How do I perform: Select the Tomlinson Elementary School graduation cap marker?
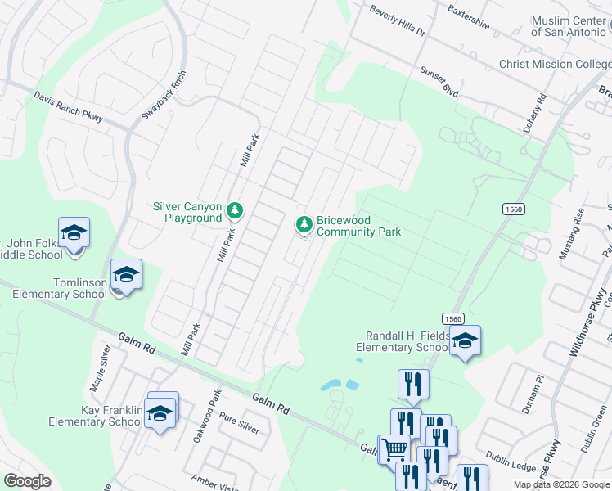(127, 274)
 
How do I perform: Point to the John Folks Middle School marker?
(74, 233)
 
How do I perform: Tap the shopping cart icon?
(394, 448)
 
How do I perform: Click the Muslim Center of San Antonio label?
(570, 26)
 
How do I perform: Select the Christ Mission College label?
(555, 64)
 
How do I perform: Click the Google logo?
(28, 481)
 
